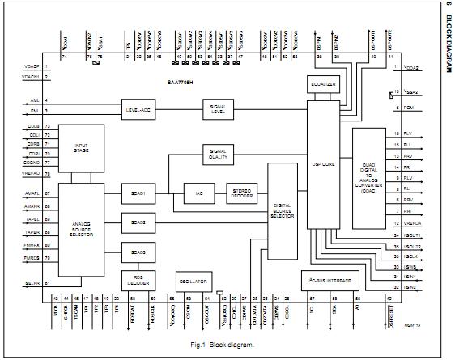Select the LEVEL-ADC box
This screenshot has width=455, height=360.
pyautogui.click(x=138, y=108)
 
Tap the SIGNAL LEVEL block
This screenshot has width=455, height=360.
pyautogui.click(x=218, y=108)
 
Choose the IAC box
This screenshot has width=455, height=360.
pyautogui.click(x=198, y=194)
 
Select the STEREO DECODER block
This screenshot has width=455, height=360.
pyautogui.click(x=239, y=194)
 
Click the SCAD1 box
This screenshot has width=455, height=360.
pyautogui.click(x=138, y=194)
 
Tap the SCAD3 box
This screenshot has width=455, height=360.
pyautogui.click(x=138, y=252)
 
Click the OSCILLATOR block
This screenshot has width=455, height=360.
pyautogui.click(x=193, y=281)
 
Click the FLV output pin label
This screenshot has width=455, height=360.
pyautogui.click(x=407, y=133)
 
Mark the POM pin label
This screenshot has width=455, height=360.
pyautogui.click(x=406, y=107)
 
